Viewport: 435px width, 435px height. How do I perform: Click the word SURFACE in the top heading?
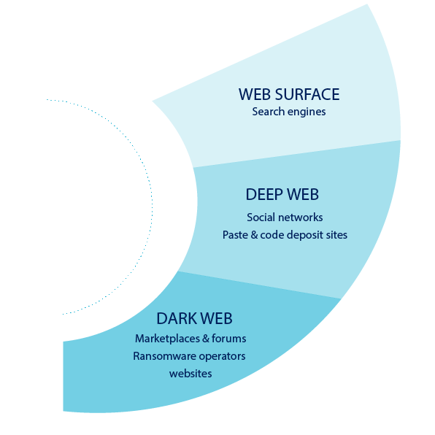click(x=307, y=94)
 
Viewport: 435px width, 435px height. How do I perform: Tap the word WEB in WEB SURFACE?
click(x=255, y=94)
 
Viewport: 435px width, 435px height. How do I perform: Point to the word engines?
click(x=307, y=112)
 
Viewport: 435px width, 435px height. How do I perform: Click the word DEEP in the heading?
click(x=264, y=194)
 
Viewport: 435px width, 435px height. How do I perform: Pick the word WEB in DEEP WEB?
click(x=303, y=194)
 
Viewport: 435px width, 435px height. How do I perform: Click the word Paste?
click(x=235, y=235)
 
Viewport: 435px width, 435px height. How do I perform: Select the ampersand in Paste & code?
click(x=254, y=235)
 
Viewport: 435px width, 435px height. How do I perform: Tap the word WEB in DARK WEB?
click(x=216, y=318)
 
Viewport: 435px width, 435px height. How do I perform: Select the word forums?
click(x=229, y=339)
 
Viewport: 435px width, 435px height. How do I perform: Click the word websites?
click(x=190, y=374)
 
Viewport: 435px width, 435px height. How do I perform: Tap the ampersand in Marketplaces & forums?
click(x=206, y=339)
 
